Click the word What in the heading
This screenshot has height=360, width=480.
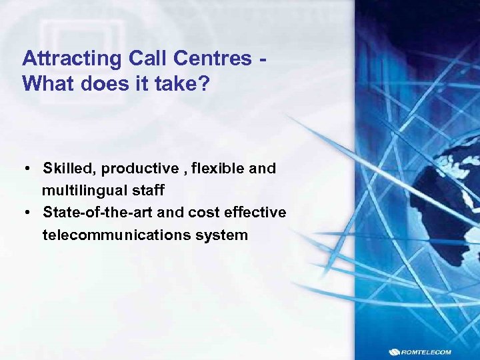pos(49,84)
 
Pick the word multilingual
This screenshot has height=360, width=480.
pos(84,191)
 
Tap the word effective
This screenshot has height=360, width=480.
pos(256,213)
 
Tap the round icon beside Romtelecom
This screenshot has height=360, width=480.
pos(396,352)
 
